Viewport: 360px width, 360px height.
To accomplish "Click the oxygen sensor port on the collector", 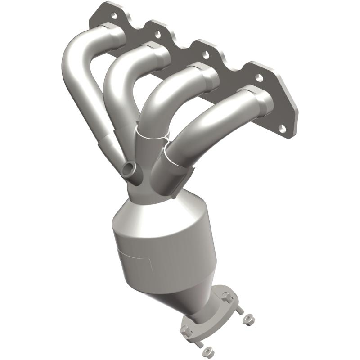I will coord(127,170).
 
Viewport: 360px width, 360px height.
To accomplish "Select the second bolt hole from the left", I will coord(157,34).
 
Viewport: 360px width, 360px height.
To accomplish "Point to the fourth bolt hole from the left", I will coord(259,77).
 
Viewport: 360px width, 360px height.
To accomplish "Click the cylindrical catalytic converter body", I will coord(164,252).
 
